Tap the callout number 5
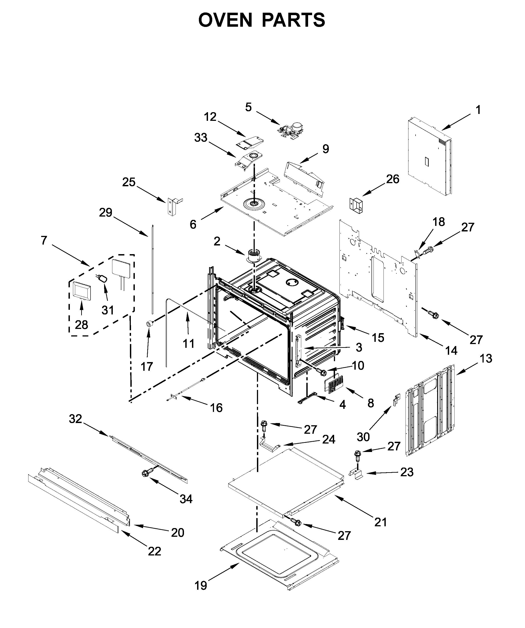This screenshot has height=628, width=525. [x=248, y=107]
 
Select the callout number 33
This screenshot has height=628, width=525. [x=201, y=138]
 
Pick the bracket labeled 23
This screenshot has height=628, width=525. [x=356, y=474]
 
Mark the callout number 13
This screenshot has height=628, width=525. [x=486, y=359]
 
